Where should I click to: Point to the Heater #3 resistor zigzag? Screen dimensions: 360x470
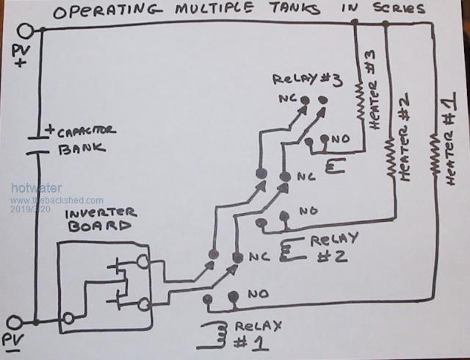tap(360, 96)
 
